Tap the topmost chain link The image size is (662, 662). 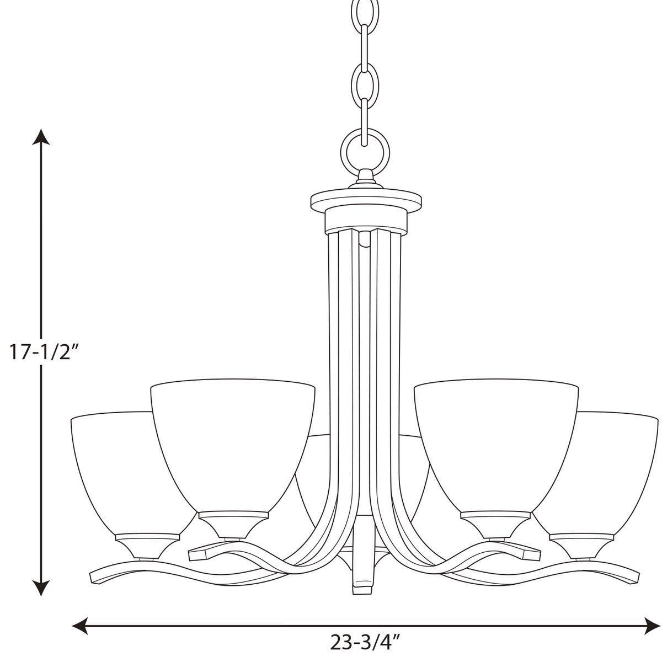pyautogui.click(x=365, y=11)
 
